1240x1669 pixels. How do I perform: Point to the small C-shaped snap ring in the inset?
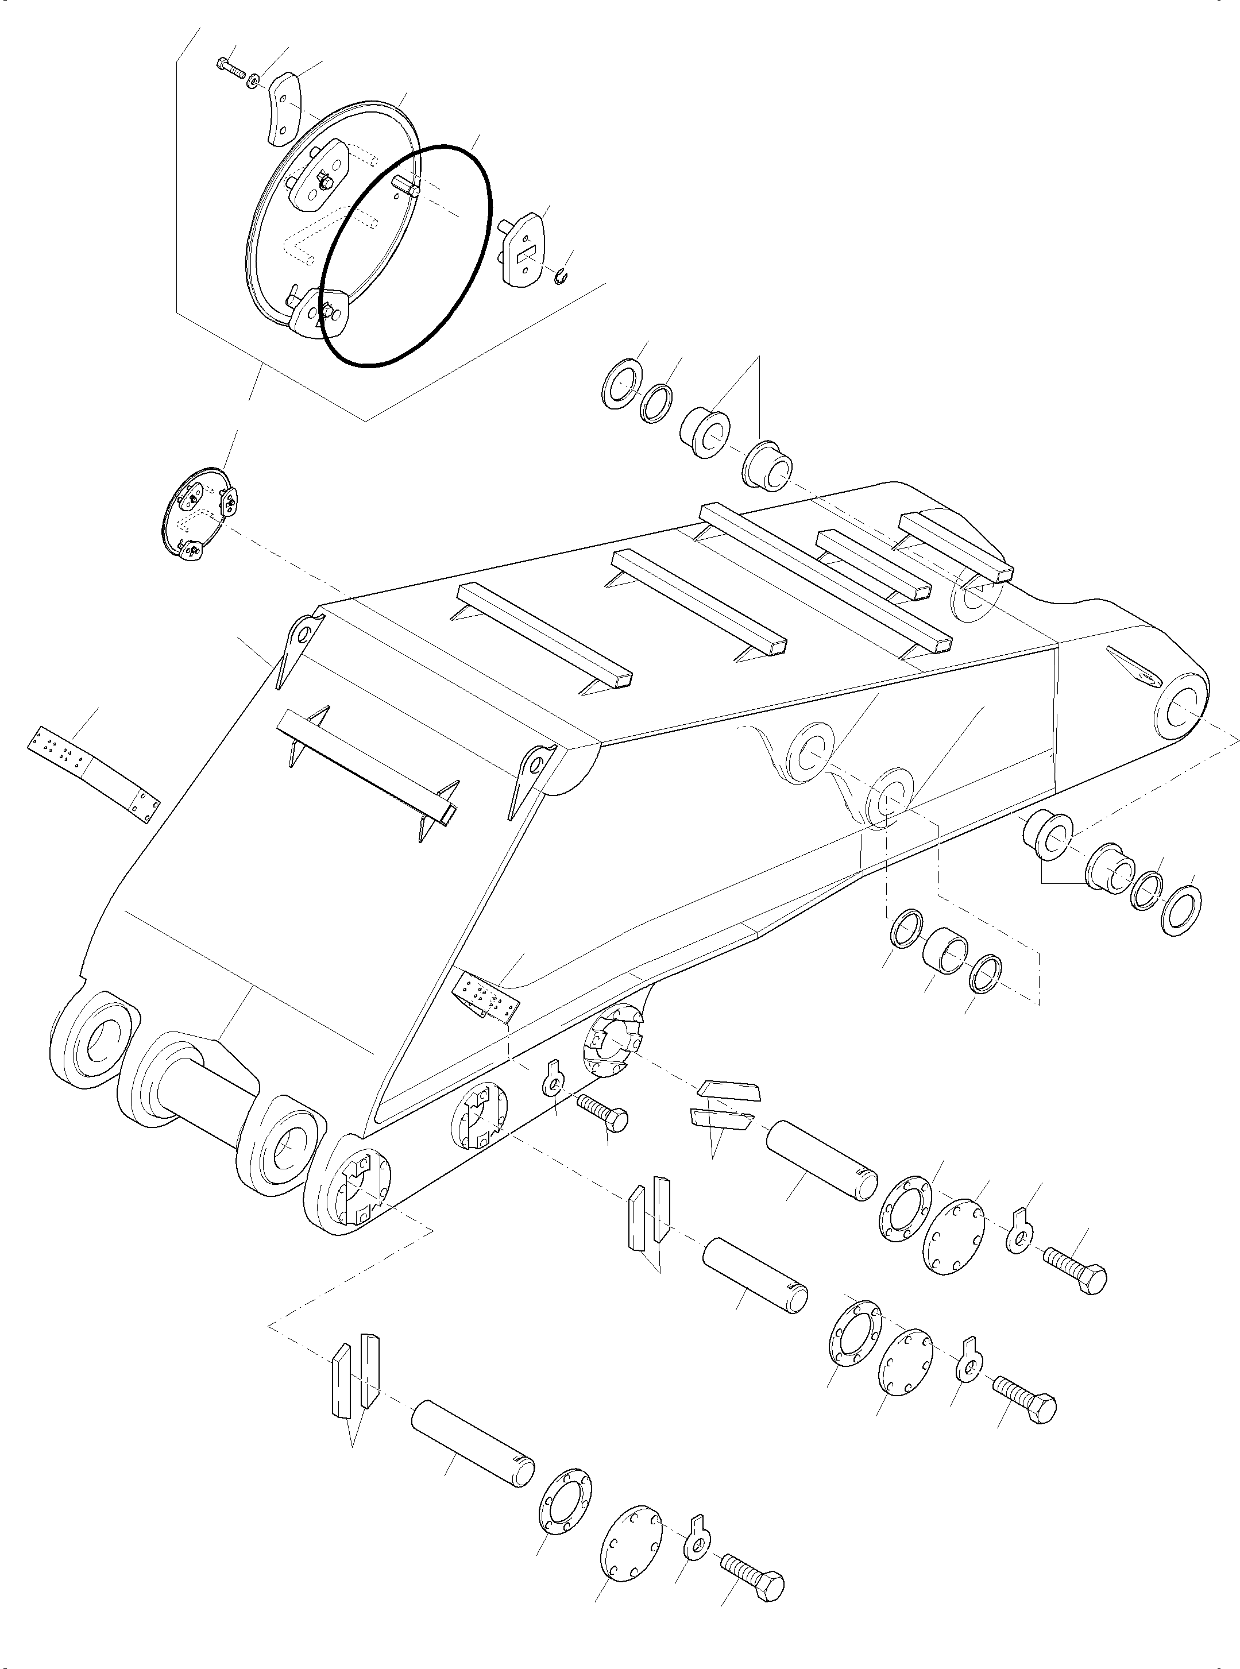point(562,277)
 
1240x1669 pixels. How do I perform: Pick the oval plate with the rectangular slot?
point(526,250)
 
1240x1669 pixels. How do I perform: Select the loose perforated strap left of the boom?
point(94,774)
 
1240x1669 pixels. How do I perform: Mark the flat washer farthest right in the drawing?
point(1181,910)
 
